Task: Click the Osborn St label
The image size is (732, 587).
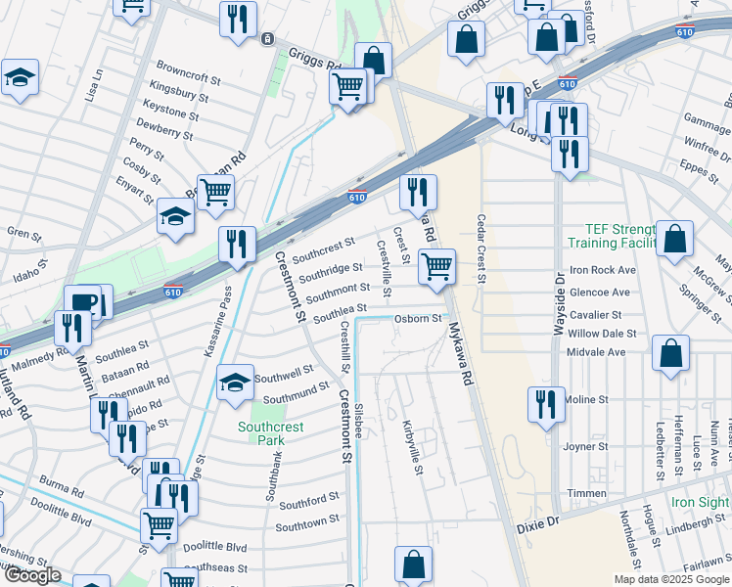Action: pyautogui.click(x=418, y=319)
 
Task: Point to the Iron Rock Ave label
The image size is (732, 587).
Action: pyautogui.click(x=602, y=270)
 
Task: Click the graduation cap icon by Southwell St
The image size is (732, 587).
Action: pyautogui.click(x=234, y=384)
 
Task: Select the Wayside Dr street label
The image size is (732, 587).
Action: pyautogui.click(x=561, y=308)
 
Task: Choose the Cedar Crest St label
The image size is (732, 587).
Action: pyautogui.click(x=481, y=249)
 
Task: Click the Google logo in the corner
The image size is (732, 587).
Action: pyautogui.click(x=32, y=575)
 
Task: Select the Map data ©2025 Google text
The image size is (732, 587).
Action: pyautogui.click(x=671, y=579)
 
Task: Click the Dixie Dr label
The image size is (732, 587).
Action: pyautogui.click(x=537, y=525)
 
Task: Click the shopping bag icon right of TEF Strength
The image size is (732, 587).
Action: pyautogui.click(x=674, y=239)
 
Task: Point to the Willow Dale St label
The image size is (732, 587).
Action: pyautogui.click(x=602, y=333)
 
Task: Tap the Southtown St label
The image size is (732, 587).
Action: pyautogui.click(x=307, y=524)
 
